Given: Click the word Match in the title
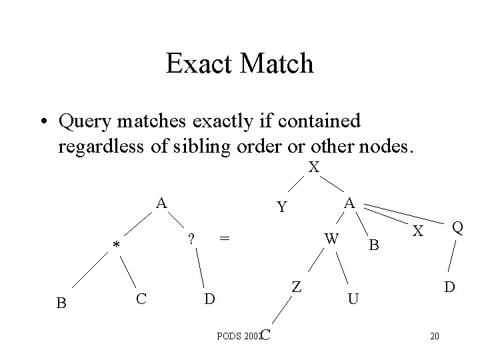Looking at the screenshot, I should pos(279,63).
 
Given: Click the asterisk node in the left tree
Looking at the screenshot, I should pos(116,247).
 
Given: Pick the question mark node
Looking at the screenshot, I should pos(191,238).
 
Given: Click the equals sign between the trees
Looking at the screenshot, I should pos(225,238).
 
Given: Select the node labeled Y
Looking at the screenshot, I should pos(282,208).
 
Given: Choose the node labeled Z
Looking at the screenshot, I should pos(297,287).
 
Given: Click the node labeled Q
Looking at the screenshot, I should pos(457,228).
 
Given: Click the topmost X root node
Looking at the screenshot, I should pos(313,167).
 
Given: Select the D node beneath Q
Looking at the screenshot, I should pos(451,287).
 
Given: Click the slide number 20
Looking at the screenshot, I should pos(434,335).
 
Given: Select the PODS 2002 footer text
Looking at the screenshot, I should pos(239,335).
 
